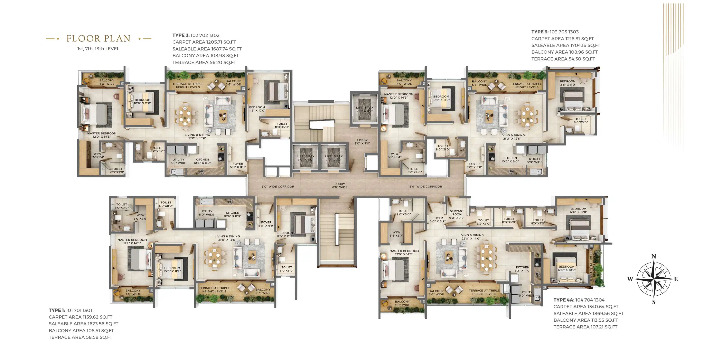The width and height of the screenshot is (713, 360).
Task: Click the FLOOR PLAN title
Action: (98, 38)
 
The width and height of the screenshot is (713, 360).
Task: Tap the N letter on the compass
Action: (654, 256)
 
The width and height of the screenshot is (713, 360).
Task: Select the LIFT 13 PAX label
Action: (365, 109)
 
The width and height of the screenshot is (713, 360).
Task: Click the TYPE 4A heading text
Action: (564, 300)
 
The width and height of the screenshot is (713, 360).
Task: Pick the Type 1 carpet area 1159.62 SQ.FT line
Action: (81, 317)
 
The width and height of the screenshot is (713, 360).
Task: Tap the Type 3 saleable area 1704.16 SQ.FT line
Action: (566, 45)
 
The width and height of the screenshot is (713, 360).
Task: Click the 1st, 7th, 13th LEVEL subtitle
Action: (98, 49)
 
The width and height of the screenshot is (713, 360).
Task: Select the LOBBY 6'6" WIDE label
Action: (340, 186)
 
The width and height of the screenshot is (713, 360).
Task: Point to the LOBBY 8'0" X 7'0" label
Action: (362, 142)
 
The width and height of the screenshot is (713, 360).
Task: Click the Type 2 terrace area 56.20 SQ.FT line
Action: (204, 62)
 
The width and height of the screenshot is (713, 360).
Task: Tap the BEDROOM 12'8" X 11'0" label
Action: (568, 83)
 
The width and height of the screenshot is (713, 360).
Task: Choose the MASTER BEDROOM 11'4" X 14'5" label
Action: (132, 241)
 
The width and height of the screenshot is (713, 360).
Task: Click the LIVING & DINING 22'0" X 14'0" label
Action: (471, 237)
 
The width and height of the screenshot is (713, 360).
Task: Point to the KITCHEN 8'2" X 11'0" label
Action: (523, 269)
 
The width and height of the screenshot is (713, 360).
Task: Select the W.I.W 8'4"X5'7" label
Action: (396, 234)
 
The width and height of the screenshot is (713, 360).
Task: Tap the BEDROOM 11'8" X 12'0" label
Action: (257, 109)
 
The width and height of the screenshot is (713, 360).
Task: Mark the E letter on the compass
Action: (676, 279)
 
